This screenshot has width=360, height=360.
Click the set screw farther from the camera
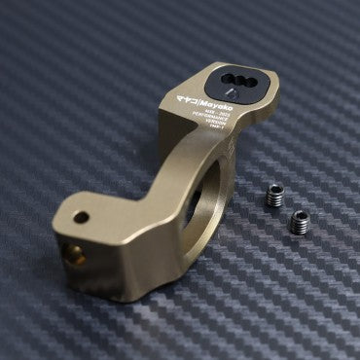click(276, 195)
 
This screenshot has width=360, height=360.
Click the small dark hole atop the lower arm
click(82, 217)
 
